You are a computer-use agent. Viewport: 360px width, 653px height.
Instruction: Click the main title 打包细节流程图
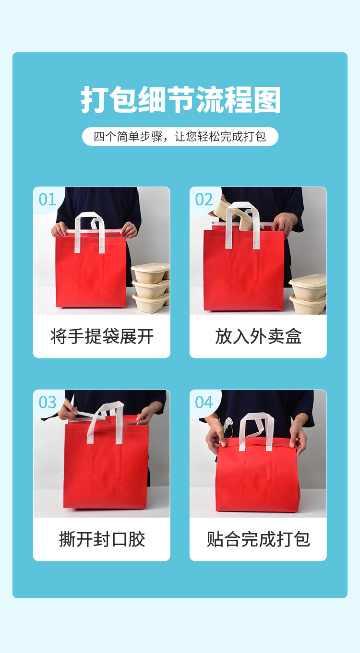point(180,100)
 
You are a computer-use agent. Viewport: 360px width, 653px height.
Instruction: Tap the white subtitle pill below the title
point(180,137)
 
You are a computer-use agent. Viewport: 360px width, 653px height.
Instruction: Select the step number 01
point(48,200)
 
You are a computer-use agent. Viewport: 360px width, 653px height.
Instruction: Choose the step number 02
point(204,200)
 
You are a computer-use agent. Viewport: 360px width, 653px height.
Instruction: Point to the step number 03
point(48,403)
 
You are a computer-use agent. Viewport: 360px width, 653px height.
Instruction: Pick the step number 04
point(204,403)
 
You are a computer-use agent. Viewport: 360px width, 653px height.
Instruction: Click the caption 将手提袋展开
point(102,336)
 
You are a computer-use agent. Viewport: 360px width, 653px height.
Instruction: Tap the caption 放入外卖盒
point(258,336)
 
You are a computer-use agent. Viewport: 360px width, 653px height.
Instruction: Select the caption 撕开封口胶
point(102,539)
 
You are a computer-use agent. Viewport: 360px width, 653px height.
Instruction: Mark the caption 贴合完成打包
point(258,539)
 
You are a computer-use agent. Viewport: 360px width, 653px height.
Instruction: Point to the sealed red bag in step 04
point(258,475)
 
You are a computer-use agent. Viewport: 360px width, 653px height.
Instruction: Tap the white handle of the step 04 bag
point(257,427)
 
